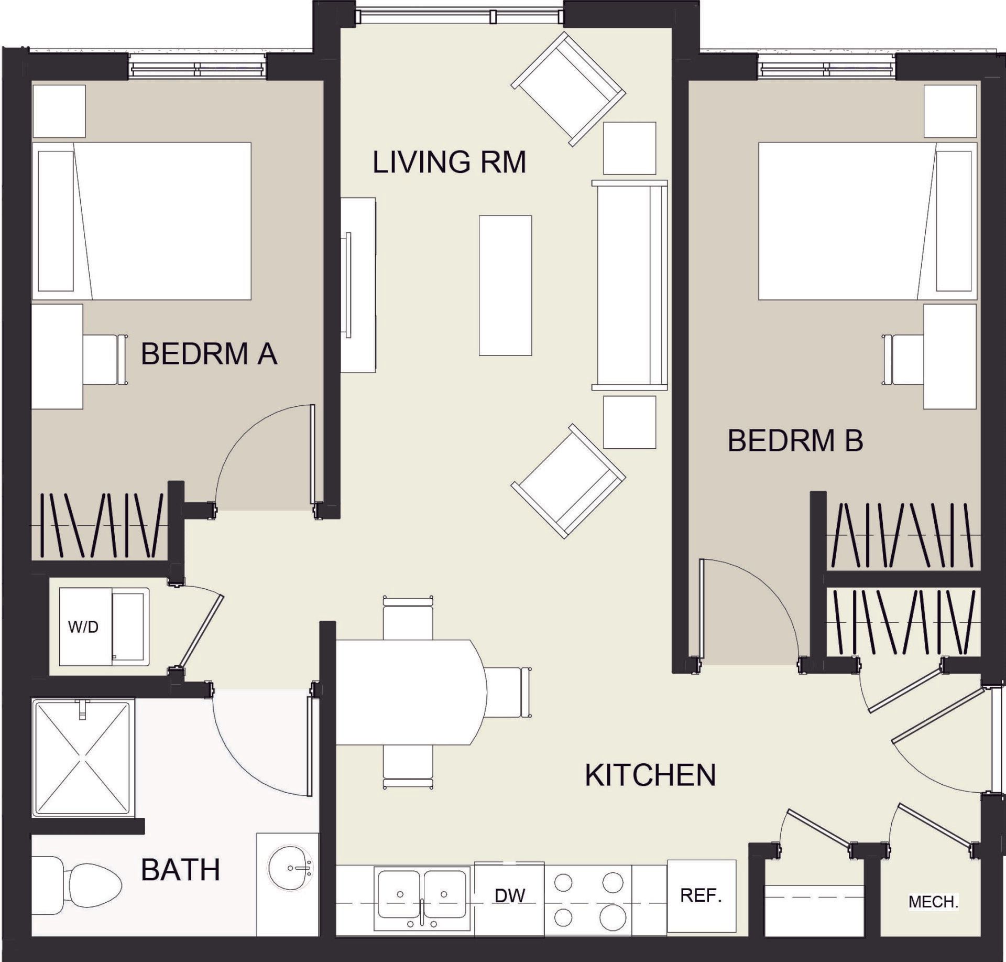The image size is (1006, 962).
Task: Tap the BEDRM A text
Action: (209, 354)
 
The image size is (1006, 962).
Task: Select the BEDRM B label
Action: (795, 440)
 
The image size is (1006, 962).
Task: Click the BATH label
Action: (180, 870)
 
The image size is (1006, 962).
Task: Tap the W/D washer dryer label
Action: (83, 627)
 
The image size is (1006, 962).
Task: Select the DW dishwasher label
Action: (509, 895)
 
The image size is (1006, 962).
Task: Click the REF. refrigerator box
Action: (701, 895)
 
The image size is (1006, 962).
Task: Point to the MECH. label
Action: (933, 902)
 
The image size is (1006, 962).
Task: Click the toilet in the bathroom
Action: (79, 885)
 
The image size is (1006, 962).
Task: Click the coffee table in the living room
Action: (505, 286)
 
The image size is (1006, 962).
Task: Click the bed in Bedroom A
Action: (141, 221)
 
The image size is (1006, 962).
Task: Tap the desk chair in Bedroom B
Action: (904, 360)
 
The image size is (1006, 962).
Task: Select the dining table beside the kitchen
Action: (409, 692)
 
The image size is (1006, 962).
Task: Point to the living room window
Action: (459, 17)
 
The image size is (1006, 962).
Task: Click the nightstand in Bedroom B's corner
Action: (950, 111)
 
